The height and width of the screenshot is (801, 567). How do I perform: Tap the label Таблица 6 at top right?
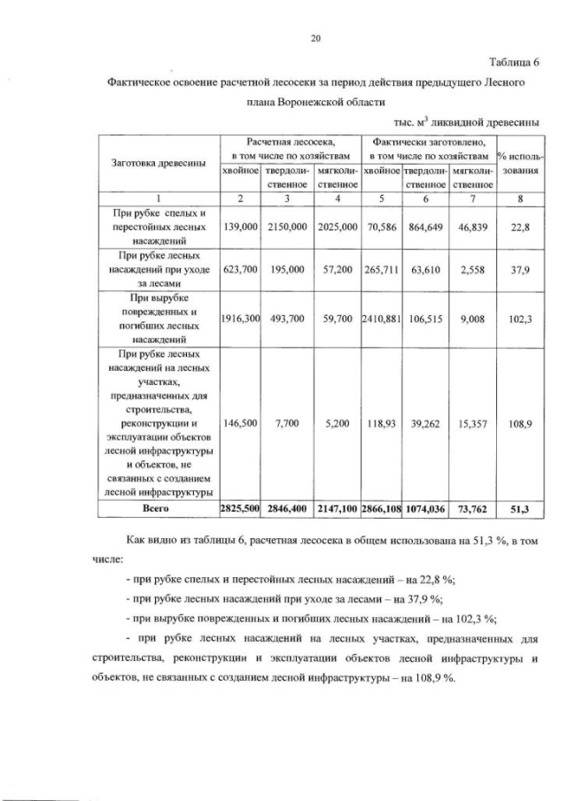coord(513,61)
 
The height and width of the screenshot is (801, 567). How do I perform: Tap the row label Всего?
coord(156,509)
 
